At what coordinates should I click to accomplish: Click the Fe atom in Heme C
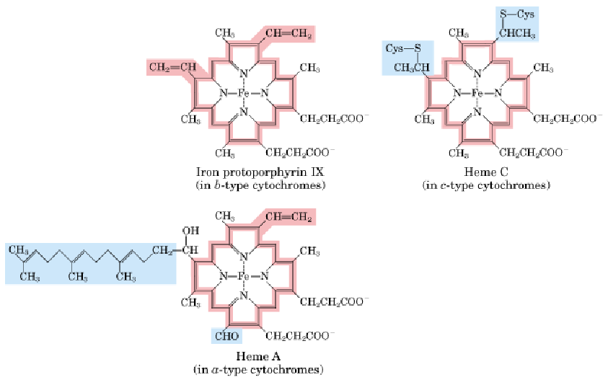click(477, 93)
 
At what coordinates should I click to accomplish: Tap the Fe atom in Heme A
click(243, 276)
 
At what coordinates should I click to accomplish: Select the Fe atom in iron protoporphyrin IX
click(243, 93)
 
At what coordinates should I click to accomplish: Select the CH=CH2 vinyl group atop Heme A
click(288, 216)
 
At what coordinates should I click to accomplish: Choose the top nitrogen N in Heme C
click(477, 74)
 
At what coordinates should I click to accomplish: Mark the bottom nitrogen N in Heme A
click(243, 296)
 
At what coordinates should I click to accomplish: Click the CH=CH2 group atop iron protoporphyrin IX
click(288, 33)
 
